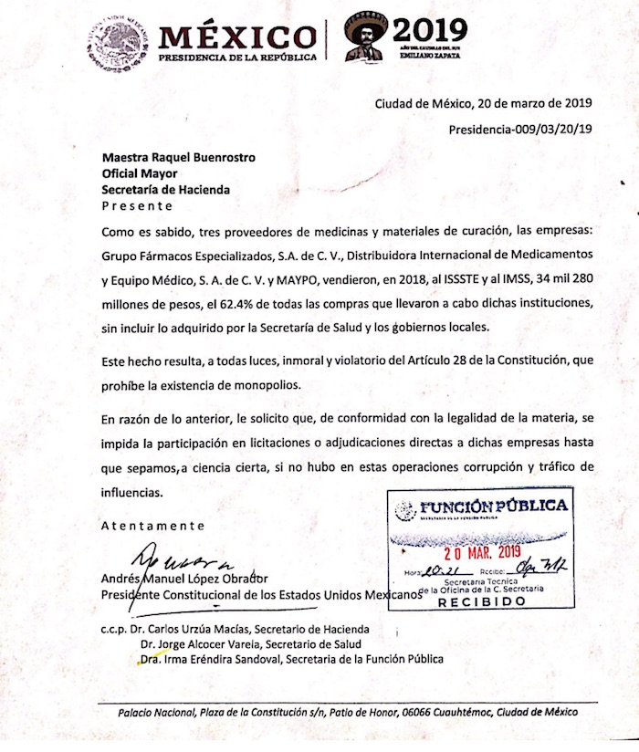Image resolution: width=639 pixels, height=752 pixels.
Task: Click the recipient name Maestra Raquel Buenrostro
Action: (178, 157)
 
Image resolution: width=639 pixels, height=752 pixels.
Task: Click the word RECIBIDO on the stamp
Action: (482, 603)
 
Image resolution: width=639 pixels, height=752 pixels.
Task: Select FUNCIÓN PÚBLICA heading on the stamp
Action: (493, 507)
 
